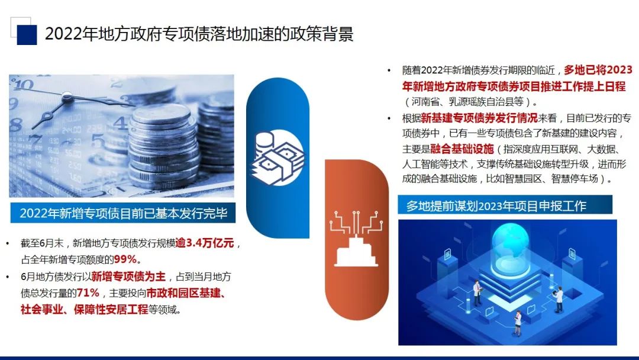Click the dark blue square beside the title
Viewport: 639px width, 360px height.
(27, 35)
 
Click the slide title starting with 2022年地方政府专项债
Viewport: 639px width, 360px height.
(199, 34)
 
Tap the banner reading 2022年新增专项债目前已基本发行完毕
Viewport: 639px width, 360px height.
(122, 213)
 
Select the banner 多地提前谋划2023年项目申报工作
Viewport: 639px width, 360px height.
(505, 205)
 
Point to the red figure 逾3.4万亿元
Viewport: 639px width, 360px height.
(205, 243)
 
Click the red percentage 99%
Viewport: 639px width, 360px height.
(125, 259)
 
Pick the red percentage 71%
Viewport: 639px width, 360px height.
(88, 292)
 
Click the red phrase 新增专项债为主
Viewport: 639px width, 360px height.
(128, 277)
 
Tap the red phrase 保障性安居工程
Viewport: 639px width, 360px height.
(111, 310)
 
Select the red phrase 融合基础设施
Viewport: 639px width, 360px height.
(461, 149)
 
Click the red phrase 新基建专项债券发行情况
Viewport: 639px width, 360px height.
(479, 118)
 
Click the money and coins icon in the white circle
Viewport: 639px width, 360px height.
(277, 157)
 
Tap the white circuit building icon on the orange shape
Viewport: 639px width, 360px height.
(356, 239)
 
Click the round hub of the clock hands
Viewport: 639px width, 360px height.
(67, 97)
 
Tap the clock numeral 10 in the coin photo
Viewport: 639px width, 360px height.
(24, 85)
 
